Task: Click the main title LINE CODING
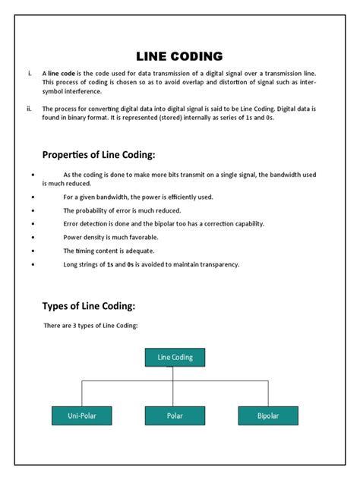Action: click(179, 56)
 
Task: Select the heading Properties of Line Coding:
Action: click(98, 155)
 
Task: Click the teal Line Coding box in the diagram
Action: click(175, 357)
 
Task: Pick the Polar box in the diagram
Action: click(175, 415)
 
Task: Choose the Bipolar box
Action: click(267, 415)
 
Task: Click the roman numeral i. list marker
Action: click(29, 74)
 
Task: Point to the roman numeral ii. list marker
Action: click(29, 109)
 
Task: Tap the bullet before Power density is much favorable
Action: click(33, 237)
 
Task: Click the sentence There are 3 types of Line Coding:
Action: click(90, 326)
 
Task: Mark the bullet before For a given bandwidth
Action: click(33, 197)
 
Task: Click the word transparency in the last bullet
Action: click(217, 264)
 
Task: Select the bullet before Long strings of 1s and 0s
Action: click(33, 264)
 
